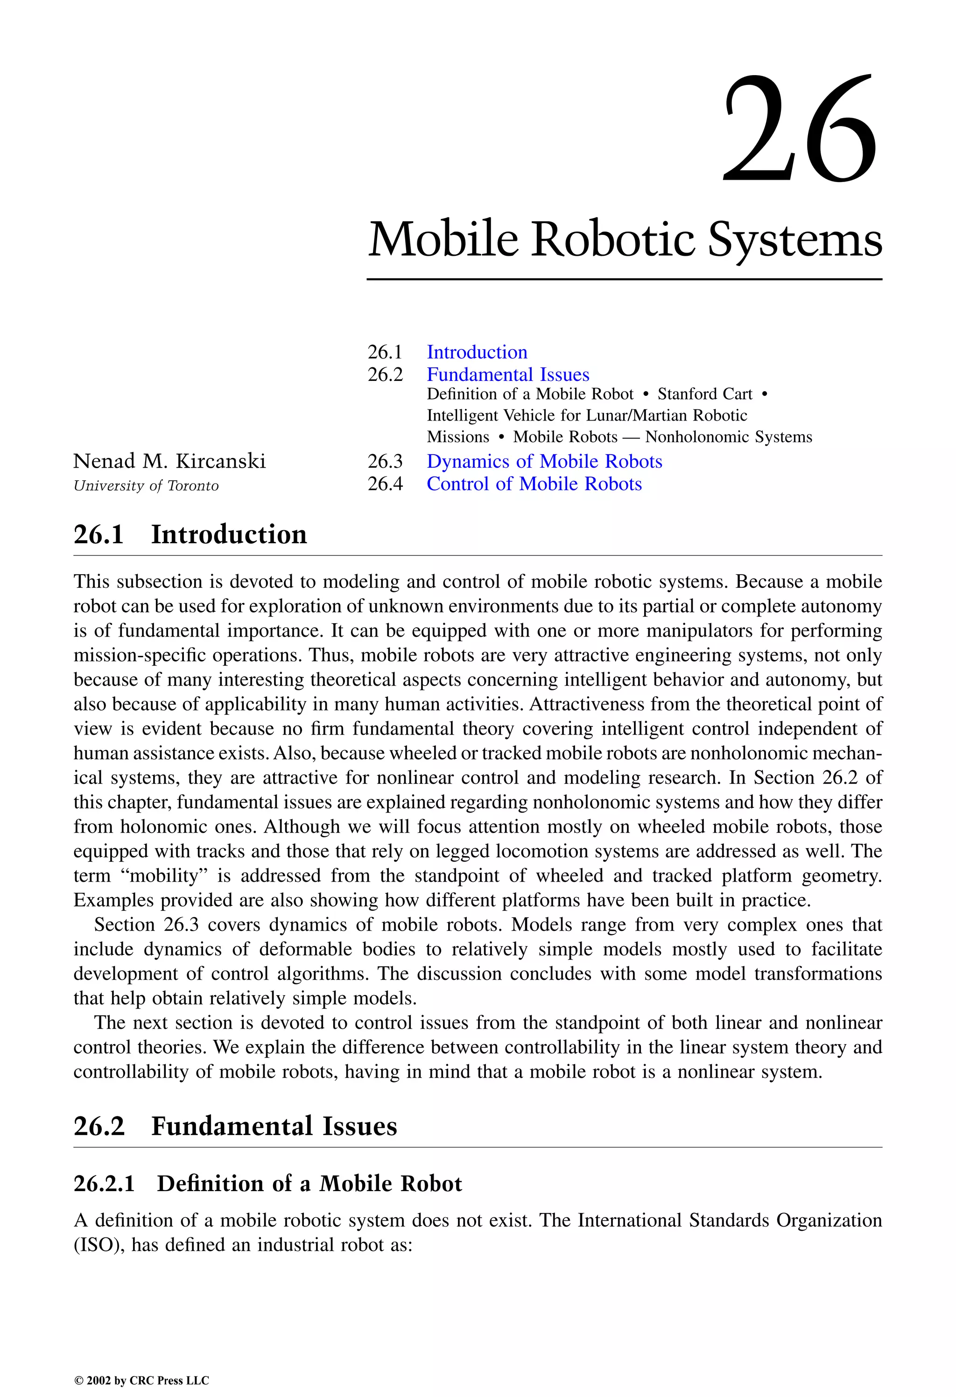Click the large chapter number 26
click(800, 129)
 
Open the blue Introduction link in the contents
click(477, 352)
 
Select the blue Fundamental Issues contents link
click(508, 374)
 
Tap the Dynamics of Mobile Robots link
click(544, 461)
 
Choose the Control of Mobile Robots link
click(534, 484)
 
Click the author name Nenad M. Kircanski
click(169, 461)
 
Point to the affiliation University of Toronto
click(146, 486)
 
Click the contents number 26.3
click(385, 461)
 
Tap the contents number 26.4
click(385, 484)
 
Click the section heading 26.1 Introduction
click(190, 534)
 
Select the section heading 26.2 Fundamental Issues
click(235, 1126)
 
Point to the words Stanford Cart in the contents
click(705, 394)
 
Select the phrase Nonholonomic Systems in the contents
click(728, 437)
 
